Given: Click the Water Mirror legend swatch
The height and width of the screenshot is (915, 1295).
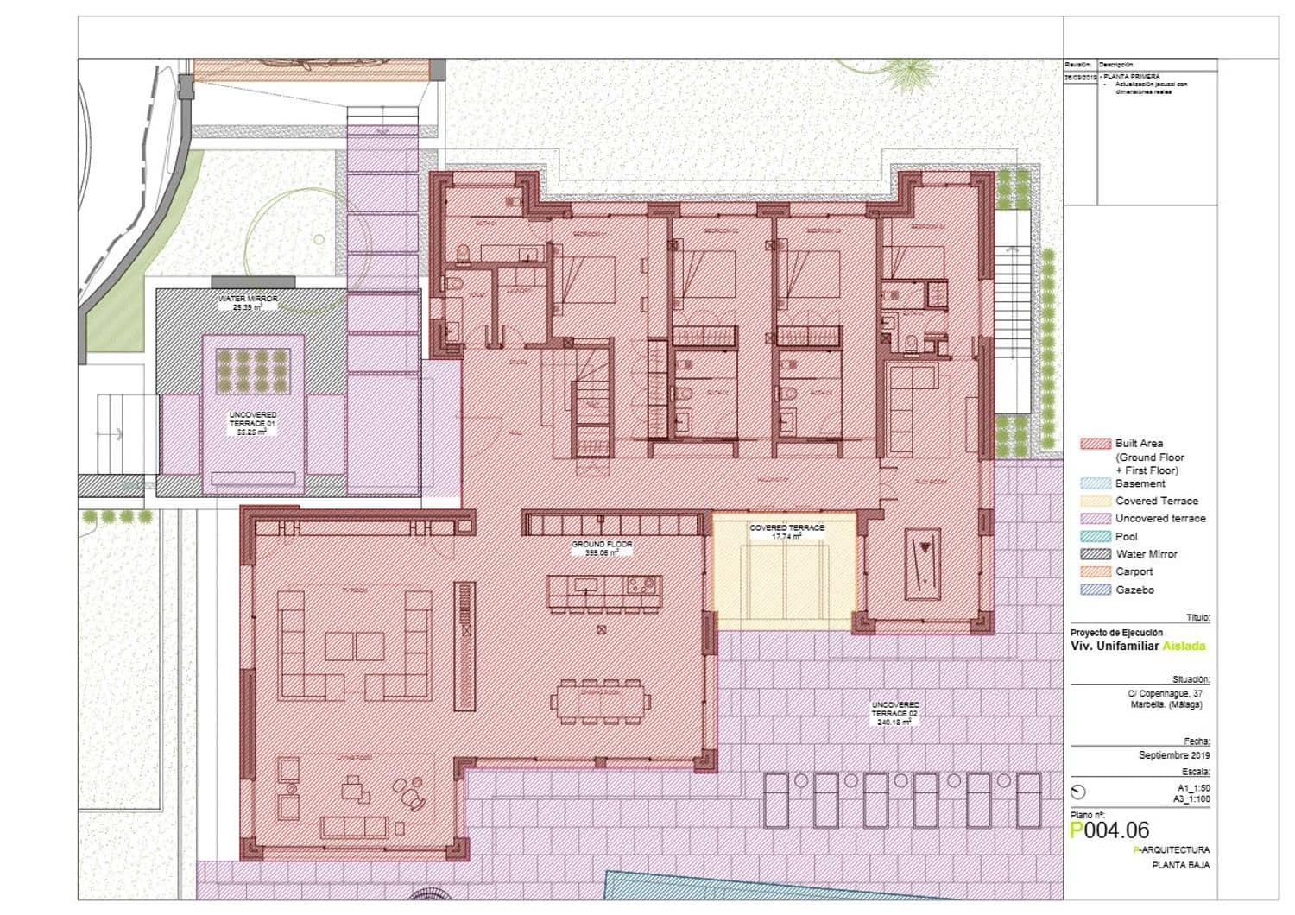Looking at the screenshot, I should coord(1095,554).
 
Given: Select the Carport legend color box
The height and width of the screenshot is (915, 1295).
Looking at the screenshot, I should coord(1095,571).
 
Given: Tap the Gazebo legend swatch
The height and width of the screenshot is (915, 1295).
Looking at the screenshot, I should coord(1095,590).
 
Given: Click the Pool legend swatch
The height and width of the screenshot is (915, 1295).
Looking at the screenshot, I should coord(1095,536).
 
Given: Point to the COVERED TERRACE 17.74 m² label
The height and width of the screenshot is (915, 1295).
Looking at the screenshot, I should coord(786,532).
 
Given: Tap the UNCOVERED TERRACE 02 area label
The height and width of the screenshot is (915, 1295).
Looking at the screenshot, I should coord(895,714).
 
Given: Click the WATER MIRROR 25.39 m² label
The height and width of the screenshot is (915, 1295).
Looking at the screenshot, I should coord(247,302).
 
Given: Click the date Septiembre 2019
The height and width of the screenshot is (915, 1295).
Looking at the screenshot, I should coord(1174,755).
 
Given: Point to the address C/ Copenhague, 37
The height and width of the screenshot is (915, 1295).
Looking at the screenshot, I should coord(1165,693).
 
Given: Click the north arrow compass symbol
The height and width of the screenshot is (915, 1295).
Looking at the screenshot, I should coord(1077,792).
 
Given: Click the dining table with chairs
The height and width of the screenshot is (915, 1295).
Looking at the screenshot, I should coord(602,702).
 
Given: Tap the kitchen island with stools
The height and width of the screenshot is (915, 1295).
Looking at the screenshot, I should coord(603,587).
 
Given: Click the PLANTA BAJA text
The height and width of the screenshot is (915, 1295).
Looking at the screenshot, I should coord(1180,865).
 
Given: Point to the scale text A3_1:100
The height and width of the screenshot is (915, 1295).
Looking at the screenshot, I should coord(1191,800).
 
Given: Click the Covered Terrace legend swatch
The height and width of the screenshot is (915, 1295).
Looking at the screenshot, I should coord(1095,501).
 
